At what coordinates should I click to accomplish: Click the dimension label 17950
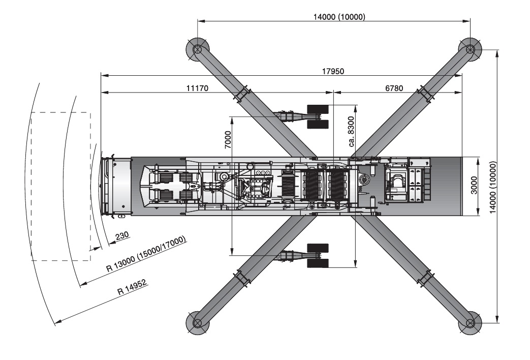(x=333, y=71)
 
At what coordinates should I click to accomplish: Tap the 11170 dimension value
(x=197, y=88)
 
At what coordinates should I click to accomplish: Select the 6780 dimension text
(x=394, y=88)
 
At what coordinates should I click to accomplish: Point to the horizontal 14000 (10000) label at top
(x=339, y=17)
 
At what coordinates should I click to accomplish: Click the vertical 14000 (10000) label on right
(x=493, y=188)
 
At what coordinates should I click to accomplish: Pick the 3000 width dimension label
(x=474, y=186)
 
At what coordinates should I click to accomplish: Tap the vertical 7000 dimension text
(x=228, y=140)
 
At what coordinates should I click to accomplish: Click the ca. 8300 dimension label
(x=352, y=131)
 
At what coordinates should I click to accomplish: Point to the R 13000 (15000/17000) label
(x=146, y=254)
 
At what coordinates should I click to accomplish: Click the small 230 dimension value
(x=122, y=236)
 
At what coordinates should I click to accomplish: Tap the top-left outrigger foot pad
(x=197, y=49)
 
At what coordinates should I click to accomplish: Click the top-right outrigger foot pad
(x=470, y=49)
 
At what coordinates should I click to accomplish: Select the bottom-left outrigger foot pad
(x=197, y=323)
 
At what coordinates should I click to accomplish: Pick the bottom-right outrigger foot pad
(x=470, y=323)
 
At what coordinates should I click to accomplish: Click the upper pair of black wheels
(x=318, y=117)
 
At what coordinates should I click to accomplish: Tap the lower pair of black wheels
(x=318, y=255)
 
